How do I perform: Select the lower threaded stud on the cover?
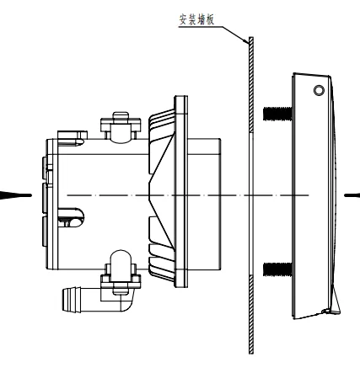coord(276,269)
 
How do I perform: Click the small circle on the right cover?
coord(318,89)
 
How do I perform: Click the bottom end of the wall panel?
coord(250,349)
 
